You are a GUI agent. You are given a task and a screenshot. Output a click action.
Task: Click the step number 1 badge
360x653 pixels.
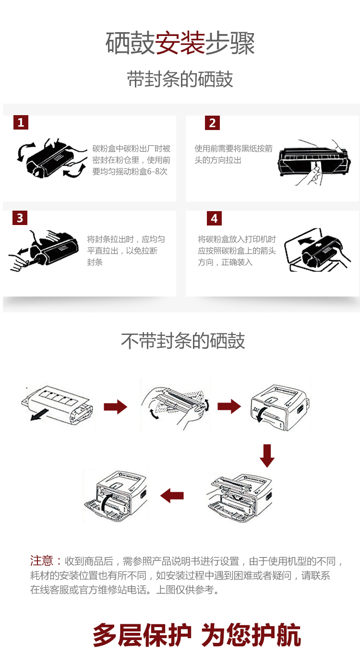21,122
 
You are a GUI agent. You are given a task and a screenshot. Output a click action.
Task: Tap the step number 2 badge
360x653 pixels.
213,123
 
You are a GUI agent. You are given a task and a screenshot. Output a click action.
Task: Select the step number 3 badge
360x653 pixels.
20,218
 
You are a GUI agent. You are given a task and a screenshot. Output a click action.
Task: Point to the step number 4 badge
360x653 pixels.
214,218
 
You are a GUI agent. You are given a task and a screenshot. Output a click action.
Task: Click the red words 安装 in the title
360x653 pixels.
180,44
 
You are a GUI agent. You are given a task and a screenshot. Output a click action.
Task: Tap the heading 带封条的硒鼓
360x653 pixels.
180,79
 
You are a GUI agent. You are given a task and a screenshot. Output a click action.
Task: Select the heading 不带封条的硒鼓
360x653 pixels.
183,341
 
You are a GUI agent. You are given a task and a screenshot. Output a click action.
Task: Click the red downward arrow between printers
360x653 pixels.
267,455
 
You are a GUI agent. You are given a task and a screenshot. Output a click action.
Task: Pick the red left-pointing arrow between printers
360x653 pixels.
172,496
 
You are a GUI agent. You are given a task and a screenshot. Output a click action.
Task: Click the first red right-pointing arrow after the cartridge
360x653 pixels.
115,407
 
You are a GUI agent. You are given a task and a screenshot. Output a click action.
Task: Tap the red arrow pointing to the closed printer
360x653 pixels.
229,406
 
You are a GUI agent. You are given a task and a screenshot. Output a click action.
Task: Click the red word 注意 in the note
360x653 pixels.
42,561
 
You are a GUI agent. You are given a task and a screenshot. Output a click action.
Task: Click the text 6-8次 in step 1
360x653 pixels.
157,172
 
